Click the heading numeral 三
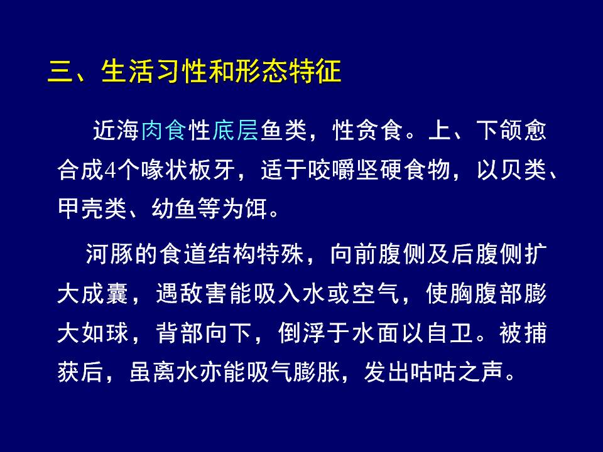(60, 71)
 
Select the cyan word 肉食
(164, 130)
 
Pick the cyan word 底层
(235, 130)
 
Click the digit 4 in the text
(110, 170)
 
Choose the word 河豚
(109, 254)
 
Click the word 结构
(232, 254)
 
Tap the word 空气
(376, 294)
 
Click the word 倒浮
(301, 333)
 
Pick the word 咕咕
(434, 372)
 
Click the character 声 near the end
(492, 372)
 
